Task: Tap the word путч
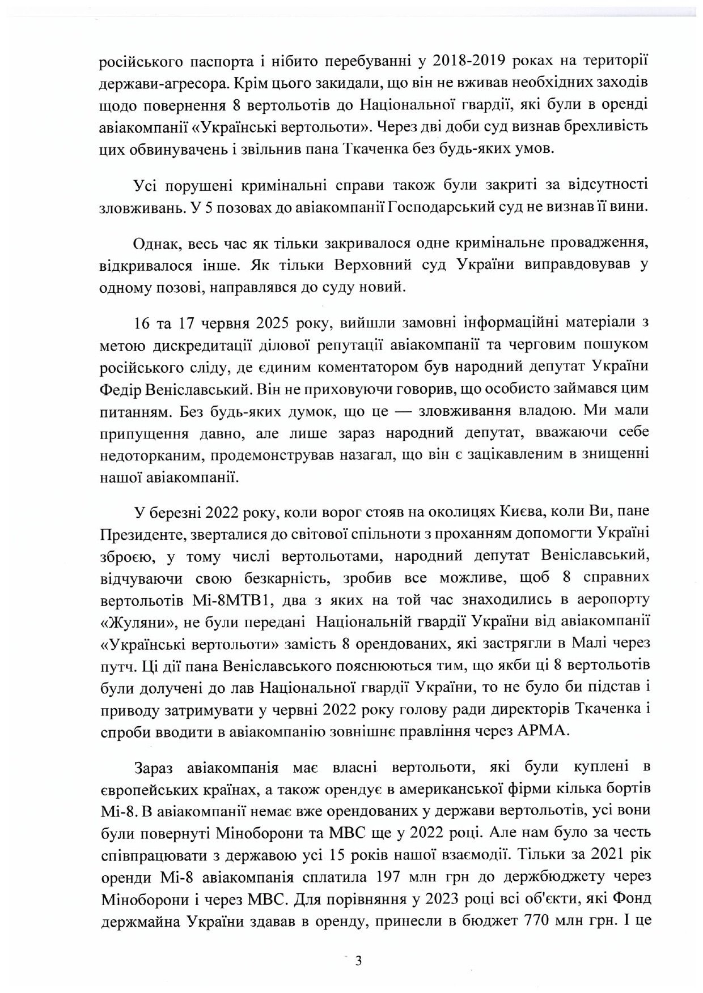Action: (x=117, y=665)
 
